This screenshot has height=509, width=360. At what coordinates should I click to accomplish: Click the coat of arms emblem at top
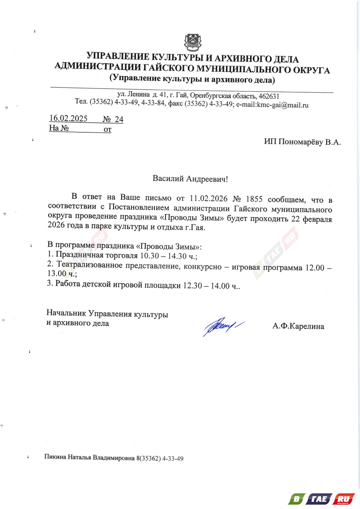[193, 42]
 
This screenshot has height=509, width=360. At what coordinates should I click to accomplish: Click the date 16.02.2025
[68, 118]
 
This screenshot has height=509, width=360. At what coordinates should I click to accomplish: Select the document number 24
[119, 119]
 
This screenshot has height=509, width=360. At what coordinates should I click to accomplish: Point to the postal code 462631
[269, 96]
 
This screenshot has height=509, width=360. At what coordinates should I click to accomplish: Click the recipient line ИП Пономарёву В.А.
[302, 142]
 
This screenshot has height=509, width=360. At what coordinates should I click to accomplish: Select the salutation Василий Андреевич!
[190, 179]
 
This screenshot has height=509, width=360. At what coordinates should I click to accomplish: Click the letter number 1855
[254, 199]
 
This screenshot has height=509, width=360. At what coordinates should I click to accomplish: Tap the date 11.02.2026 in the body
[208, 199]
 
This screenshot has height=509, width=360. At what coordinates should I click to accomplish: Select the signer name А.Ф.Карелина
[298, 326]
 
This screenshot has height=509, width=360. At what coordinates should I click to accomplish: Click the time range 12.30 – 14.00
[206, 286]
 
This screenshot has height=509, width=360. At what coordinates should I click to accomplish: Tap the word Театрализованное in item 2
[89, 265]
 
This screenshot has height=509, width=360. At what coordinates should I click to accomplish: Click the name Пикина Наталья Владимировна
[89, 457]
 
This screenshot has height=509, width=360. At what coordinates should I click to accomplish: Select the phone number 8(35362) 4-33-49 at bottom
[160, 458]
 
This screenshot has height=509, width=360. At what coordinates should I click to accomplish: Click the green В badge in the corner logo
[296, 499]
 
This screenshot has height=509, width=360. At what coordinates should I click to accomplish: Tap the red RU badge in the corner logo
[344, 499]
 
